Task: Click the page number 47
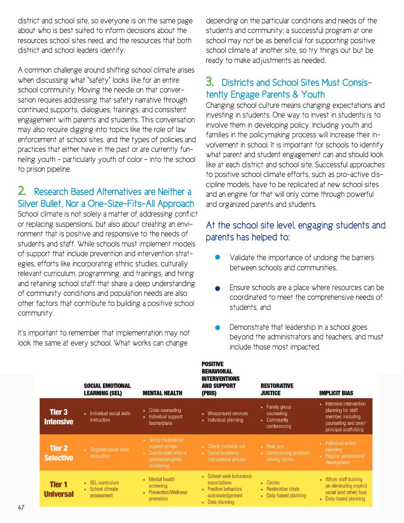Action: [x=21, y=508]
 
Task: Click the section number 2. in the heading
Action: [x=22, y=192]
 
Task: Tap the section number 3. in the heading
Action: [x=211, y=82]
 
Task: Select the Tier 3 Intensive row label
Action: [x=59, y=416]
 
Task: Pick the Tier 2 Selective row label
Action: [x=59, y=453]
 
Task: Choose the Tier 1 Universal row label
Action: [x=59, y=489]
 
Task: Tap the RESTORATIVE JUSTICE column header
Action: [x=277, y=389]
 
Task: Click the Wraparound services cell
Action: [x=228, y=413]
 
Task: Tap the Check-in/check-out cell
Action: [x=226, y=446]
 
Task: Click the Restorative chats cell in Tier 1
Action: [x=283, y=489]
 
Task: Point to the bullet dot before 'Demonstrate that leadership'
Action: [x=217, y=328]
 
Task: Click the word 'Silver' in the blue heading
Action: [x=29, y=203]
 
